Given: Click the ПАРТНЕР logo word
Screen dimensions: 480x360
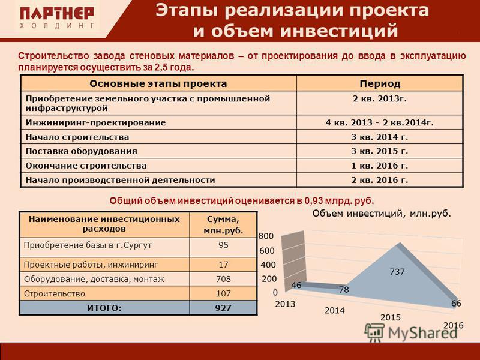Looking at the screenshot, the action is point(57,13).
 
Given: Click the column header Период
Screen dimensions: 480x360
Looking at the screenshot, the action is point(380,83).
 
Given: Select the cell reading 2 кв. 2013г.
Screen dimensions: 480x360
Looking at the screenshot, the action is point(380,98).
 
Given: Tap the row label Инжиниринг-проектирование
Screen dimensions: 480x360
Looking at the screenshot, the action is point(95,122).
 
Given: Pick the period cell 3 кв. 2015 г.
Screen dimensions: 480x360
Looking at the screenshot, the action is point(380,151).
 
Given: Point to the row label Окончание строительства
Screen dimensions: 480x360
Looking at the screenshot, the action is point(86,166).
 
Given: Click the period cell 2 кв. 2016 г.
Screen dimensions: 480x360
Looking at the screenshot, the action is point(380,180).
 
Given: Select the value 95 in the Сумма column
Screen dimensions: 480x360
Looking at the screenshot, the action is point(223,245).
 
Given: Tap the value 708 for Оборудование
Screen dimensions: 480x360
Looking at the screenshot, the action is point(223,279).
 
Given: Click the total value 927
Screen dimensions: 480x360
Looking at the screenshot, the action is point(223,308).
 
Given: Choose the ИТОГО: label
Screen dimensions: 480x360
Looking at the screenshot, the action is point(104,308).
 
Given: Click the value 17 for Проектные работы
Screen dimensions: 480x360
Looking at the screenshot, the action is point(223,265).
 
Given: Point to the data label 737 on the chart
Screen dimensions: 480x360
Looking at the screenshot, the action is point(397,272).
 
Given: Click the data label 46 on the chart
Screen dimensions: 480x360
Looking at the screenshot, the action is point(296,285).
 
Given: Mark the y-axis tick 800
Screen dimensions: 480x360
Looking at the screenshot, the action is point(266,236).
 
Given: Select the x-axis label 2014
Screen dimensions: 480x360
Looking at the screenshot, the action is point(335,310).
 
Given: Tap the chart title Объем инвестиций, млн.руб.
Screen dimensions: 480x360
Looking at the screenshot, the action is point(382,214).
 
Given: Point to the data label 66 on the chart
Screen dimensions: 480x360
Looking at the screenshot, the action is point(456,304).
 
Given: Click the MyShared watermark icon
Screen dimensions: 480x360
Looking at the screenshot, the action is point(374,332).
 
